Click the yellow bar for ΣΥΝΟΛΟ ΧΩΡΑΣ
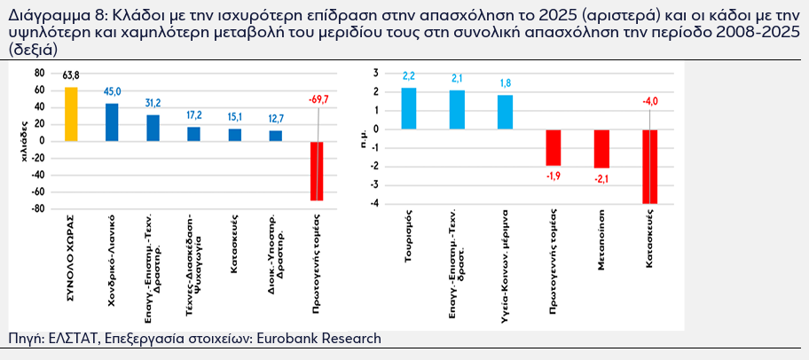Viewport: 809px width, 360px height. click(x=71, y=114)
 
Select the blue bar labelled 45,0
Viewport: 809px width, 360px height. click(x=112, y=122)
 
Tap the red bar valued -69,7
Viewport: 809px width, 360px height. click(x=317, y=171)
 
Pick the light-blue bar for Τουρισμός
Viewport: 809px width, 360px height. click(x=409, y=108)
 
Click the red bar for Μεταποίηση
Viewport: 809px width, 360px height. click(x=601, y=148)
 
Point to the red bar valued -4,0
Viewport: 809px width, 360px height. click(x=649, y=166)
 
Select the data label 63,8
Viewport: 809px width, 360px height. click(x=71, y=78)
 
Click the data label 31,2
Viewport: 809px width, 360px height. click(x=153, y=103)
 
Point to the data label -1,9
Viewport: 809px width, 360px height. click(x=553, y=174)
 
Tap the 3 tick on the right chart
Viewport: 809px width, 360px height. click(x=375, y=73)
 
